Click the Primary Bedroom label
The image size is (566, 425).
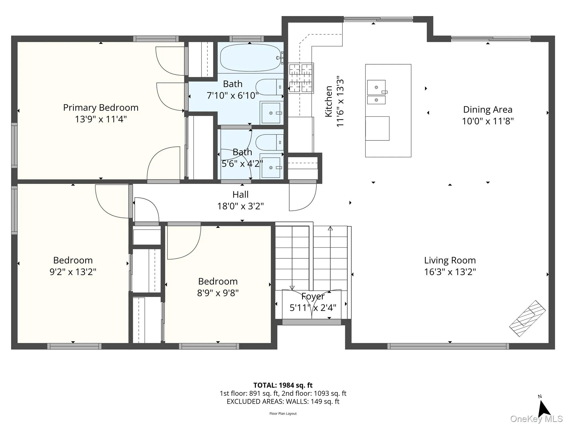(101, 107)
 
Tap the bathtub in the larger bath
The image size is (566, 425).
(250, 58)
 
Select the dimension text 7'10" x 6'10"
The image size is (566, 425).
(233, 95)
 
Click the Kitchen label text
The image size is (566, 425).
(328, 101)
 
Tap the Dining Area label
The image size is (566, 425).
(488, 110)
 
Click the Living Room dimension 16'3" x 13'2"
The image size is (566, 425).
(450, 272)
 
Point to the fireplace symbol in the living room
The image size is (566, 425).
(527, 318)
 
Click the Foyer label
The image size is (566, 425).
(313, 296)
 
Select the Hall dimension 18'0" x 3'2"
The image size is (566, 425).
(240, 206)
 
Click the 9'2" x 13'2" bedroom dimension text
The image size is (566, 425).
(73, 272)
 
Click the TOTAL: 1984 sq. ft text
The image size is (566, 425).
(283, 385)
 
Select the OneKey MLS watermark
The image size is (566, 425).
(536, 419)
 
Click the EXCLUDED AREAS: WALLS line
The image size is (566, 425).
(283, 401)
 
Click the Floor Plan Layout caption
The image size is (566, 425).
(283, 414)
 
